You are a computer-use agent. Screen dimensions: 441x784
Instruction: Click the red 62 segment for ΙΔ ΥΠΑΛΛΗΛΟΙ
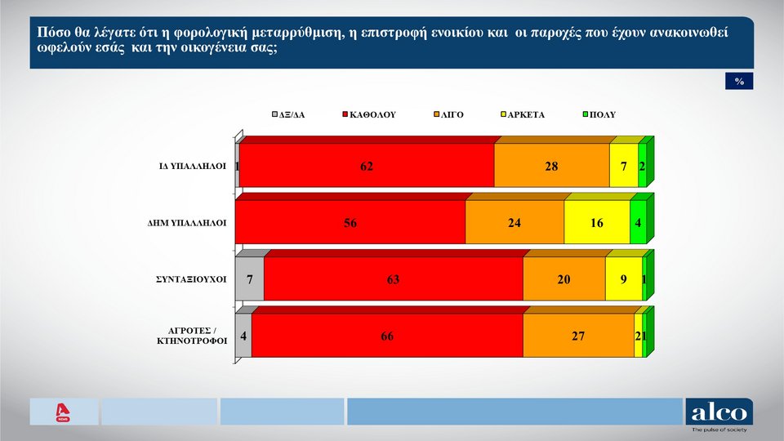pyautogui.click(x=367, y=167)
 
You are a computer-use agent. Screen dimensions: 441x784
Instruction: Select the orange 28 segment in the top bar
pyautogui.click(x=552, y=167)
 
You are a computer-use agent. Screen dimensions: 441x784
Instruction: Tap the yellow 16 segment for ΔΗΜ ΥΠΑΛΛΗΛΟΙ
pyautogui.click(x=597, y=223)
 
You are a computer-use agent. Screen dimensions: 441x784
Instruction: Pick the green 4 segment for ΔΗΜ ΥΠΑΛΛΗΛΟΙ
pyautogui.click(x=638, y=223)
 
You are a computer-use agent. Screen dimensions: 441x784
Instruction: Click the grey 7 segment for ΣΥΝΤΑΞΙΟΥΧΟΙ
pyautogui.click(x=250, y=279)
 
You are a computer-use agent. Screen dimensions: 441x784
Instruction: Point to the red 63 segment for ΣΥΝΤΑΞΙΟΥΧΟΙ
pyautogui.click(x=394, y=279)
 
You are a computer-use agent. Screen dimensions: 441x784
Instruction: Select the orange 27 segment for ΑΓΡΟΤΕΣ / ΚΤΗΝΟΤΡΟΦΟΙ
pyautogui.click(x=578, y=336)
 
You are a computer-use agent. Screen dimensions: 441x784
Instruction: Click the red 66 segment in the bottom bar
pyautogui.click(x=387, y=336)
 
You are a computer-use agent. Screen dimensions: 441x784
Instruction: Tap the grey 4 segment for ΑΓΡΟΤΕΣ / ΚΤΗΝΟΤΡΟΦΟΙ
pyautogui.click(x=244, y=336)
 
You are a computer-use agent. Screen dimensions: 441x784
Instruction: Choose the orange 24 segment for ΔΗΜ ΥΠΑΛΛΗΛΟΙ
pyautogui.click(x=514, y=223)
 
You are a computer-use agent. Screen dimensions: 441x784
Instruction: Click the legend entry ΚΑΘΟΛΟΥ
pyautogui.click(x=372, y=114)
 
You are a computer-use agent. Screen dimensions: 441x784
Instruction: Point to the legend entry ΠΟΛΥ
pyautogui.click(x=603, y=114)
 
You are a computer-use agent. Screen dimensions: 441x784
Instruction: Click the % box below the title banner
pyautogui.click(x=739, y=82)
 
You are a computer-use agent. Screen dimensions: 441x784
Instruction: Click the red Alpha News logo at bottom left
pyautogui.click(x=62, y=413)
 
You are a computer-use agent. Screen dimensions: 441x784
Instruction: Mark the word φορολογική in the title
pyautogui.click(x=219, y=34)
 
